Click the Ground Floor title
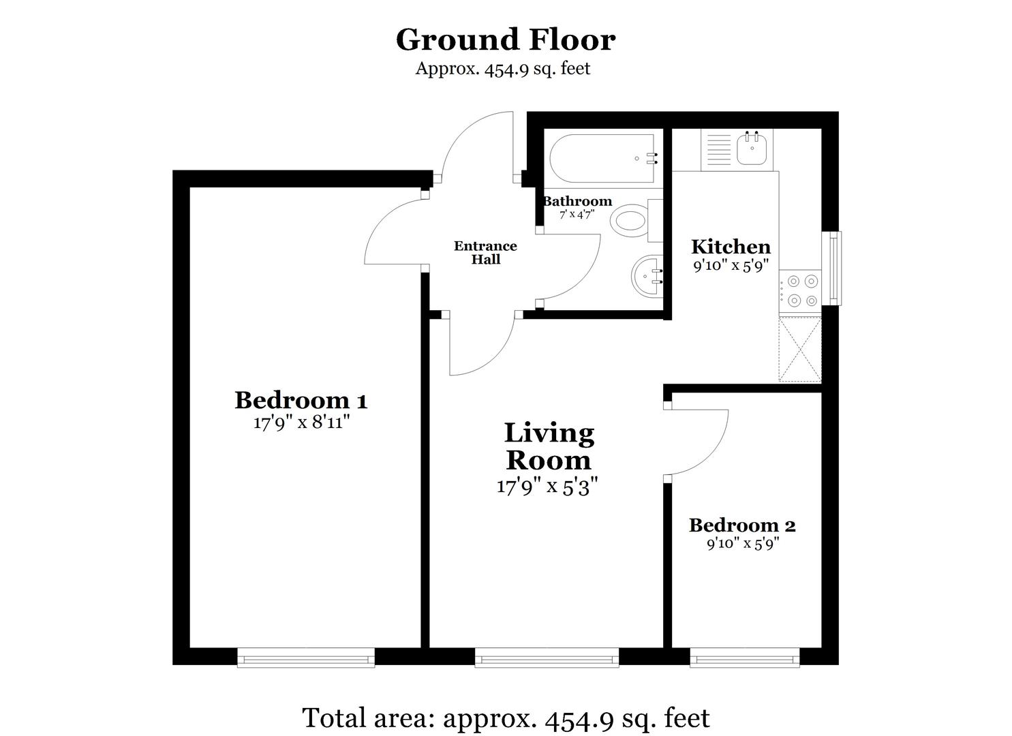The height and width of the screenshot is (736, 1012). pyautogui.click(x=506, y=40)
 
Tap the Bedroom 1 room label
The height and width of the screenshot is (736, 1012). pyautogui.click(x=301, y=400)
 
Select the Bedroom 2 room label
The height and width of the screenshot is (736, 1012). pyautogui.click(x=742, y=525)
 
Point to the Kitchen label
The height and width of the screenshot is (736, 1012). pyautogui.click(x=731, y=247)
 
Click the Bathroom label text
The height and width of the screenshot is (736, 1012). pyautogui.click(x=577, y=201)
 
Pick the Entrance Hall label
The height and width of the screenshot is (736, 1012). pyautogui.click(x=485, y=252)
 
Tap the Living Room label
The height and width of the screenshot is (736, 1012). pyautogui.click(x=549, y=446)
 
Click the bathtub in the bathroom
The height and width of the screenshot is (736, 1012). pyautogui.click(x=603, y=159)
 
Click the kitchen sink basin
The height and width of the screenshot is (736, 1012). pyautogui.click(x=754, y=148)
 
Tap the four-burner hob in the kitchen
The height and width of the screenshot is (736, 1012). pyautogui.click(x=801, y=290)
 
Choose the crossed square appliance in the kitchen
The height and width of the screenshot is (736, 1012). pyautogui.click(x=800, y=349)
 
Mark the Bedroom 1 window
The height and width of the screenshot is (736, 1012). pyautogui.click(x=306, y=658)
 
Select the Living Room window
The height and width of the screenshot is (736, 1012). pyautogui.click(x=547, y=658)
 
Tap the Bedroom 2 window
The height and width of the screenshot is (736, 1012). pyautogui.click(x=744, y=658)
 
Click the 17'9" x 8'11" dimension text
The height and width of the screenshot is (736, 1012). pyautogui.click(x=301, y=423)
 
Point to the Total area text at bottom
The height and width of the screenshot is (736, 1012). pyautogui.click(x=506, y=718)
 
